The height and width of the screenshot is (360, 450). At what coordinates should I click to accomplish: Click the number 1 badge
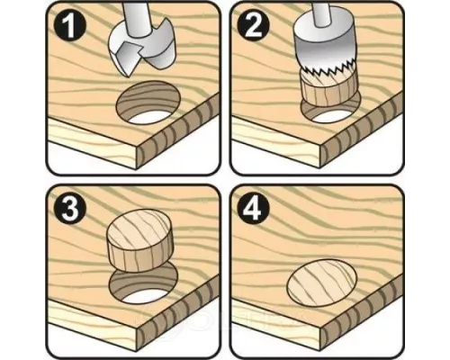point(70,26)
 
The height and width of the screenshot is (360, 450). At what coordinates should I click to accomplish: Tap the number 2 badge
point(254,26)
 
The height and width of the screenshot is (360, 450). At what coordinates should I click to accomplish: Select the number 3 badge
point(70,208)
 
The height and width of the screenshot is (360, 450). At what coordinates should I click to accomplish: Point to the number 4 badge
point(254,208)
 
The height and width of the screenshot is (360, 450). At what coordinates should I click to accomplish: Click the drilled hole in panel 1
point(148,103)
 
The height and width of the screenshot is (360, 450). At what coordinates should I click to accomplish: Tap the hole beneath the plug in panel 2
point(329,112)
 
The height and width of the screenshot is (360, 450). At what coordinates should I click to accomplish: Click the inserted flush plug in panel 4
point(322,283)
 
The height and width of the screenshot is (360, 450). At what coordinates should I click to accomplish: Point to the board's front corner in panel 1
point(138,147)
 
